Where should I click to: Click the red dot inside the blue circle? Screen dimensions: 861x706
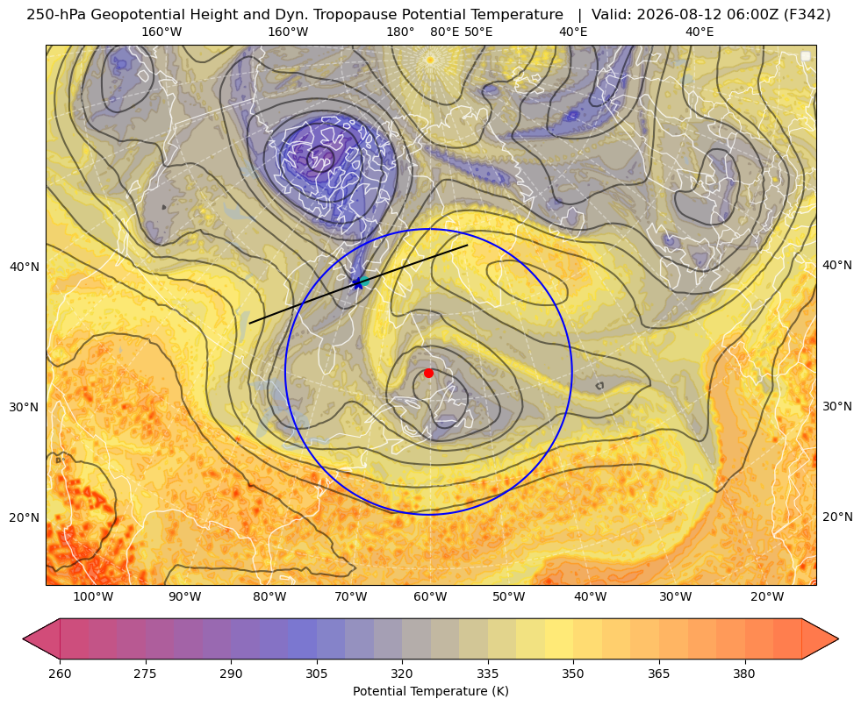click(x=428, y=373)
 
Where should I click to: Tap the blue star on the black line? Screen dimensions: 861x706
click(x=358, y=283)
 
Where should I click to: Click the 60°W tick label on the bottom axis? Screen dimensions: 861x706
click(x=430, y=596)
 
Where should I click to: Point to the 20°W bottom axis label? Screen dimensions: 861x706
click(x=767, y=596)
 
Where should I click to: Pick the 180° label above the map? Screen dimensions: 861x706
click(x=400, y=32)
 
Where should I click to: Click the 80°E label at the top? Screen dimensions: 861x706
click(x=444, y=32)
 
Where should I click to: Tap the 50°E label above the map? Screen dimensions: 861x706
click(x=478, y=32)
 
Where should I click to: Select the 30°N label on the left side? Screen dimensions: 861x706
click(x=25, y=407)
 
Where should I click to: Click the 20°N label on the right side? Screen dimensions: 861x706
click(x=837, y=517)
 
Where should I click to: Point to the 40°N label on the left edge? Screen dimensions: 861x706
click(x=25, y=267)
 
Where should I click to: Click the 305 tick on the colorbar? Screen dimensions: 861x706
click(x=316, y=673)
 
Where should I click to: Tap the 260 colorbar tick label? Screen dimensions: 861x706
click(x=60, y=673)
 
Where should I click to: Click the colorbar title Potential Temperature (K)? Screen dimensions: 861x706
click(x=430, y=691)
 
